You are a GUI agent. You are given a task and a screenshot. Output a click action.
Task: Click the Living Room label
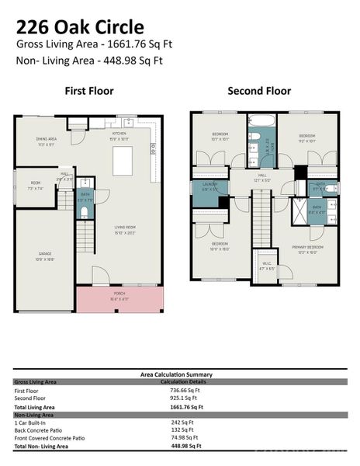click(124, 231)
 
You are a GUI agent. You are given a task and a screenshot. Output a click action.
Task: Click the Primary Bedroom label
click(307, 249)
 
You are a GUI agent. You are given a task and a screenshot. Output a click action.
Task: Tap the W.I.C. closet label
click(266, 266)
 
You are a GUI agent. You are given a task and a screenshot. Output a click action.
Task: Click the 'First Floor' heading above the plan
click(88, 92)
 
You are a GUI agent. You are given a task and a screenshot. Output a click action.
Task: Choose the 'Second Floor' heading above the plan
click(259, 92)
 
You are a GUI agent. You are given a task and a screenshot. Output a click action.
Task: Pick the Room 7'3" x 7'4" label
click(35, 188)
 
